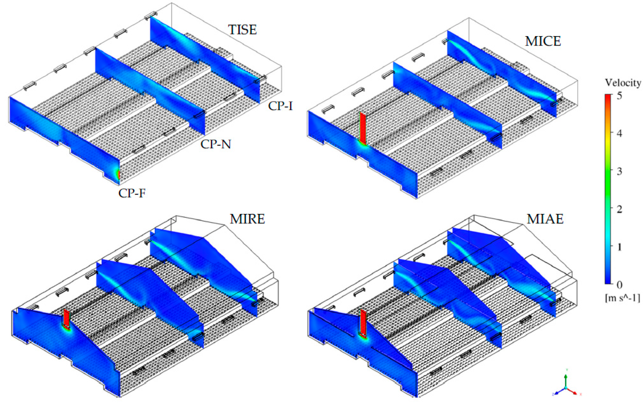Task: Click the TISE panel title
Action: pyautogui.click(x=242, y=30)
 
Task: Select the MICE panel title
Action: pyautogui.click(x=543, y=41)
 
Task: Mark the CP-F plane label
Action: pyautogui.click(x=132, y=193)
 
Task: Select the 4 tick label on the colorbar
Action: pyautogui.click(x=619, y=133)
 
